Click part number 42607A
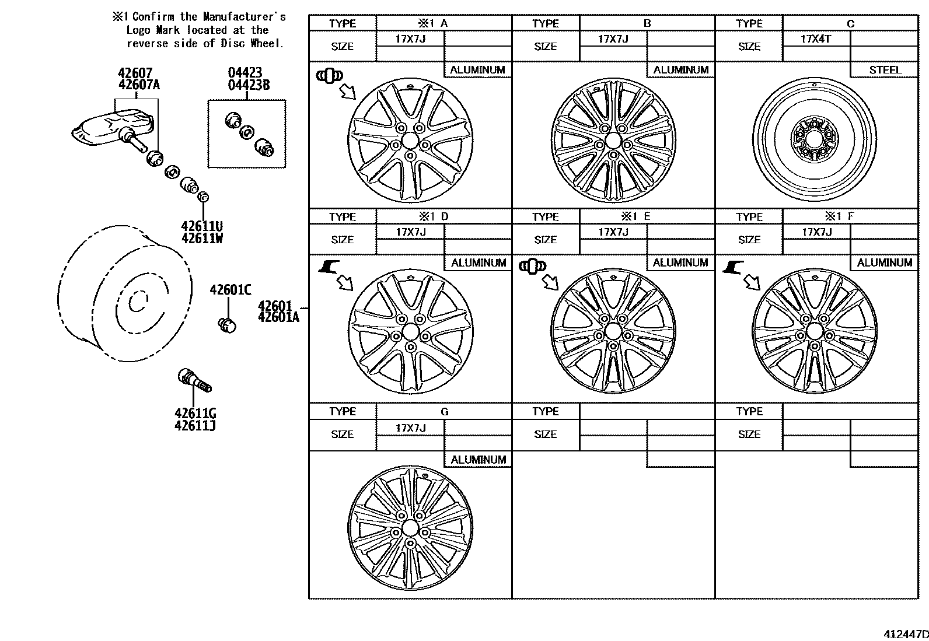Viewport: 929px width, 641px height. tap(139, 85)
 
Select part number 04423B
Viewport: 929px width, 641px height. tap(249, 85)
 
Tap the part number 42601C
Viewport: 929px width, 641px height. tap(230, 290)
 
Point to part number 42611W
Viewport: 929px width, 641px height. tap(202, 239)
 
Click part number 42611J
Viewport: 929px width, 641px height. tap(195, 426)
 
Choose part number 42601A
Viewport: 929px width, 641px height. tap(278, 317)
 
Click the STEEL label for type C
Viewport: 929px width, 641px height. tap(885, 70)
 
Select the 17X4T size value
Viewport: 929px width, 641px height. tap(816, 39)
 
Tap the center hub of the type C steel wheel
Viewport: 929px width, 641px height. tap(815, 139)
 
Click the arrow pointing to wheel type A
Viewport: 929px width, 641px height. tap(348, 92)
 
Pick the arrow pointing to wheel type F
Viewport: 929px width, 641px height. tap(753, 282)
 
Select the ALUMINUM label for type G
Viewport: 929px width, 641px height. tap(478, 460)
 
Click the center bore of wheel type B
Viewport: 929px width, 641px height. tap(613, 141)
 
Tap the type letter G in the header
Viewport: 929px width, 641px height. tap(444, 412)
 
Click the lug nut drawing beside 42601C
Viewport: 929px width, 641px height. tap(226, 324)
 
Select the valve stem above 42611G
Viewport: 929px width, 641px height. tap(195, 380)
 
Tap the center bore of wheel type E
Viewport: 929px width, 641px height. tap(613, 331)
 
